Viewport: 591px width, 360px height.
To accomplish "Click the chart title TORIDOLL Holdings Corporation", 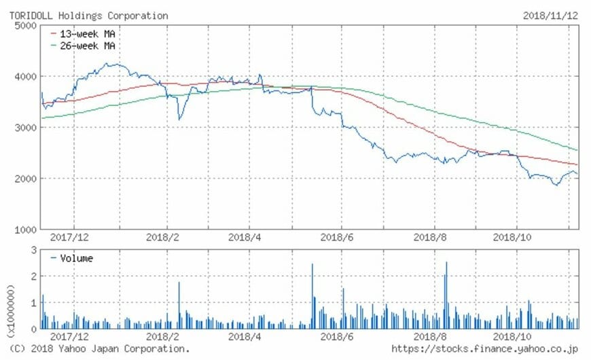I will pyautogui.click(x=88, y=16).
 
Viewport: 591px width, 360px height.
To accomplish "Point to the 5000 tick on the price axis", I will pyautogui.click(x=24, y=26).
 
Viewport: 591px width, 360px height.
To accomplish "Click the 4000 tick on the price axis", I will pyautogui.click(x=24, y=77).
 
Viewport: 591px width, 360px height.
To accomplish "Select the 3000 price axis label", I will pyautogui.click(x=24, y=128).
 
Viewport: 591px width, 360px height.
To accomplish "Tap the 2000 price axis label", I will pyautogui.click(x=24, y=179).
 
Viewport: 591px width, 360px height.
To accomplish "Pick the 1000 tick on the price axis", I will pyautogui.click(x=24, y=230).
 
